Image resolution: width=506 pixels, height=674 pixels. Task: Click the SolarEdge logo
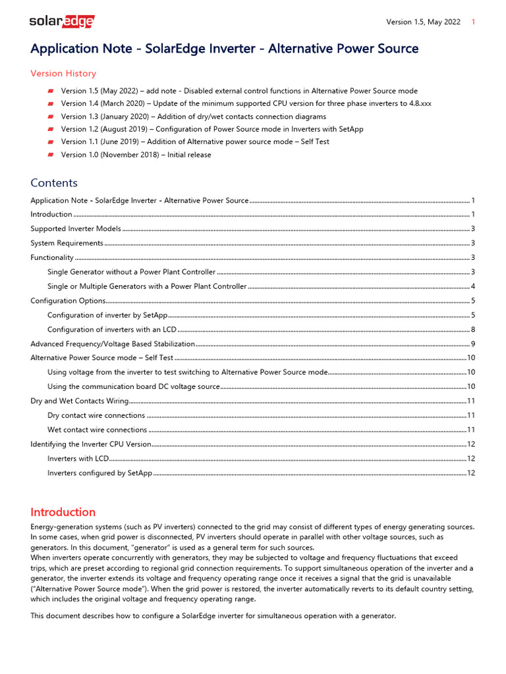[61, 22]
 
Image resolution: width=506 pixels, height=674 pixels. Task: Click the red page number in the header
[474, 22]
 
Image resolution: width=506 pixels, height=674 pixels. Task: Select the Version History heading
[63, 74]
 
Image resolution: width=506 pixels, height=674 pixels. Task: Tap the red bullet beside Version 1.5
[50, 91]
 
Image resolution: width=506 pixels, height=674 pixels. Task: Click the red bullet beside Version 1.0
[50, 155]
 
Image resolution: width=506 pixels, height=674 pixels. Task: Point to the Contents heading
[54, 183]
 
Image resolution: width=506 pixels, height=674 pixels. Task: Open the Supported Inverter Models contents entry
[76, 229]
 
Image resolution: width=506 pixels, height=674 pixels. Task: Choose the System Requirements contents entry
[67, 244]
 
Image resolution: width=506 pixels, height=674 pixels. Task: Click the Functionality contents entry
[52, 258]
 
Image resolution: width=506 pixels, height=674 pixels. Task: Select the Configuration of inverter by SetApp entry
[107, 315]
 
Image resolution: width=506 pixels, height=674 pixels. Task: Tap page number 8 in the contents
[473, 330]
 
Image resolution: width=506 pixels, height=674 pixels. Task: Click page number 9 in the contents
[473, 344]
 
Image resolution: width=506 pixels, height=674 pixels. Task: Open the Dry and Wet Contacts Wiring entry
[79, 401]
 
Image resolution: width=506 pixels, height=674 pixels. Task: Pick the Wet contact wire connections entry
[97, 430]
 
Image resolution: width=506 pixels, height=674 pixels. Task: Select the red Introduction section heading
[63, 512]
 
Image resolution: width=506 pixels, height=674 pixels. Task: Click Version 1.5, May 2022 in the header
[423, 22]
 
